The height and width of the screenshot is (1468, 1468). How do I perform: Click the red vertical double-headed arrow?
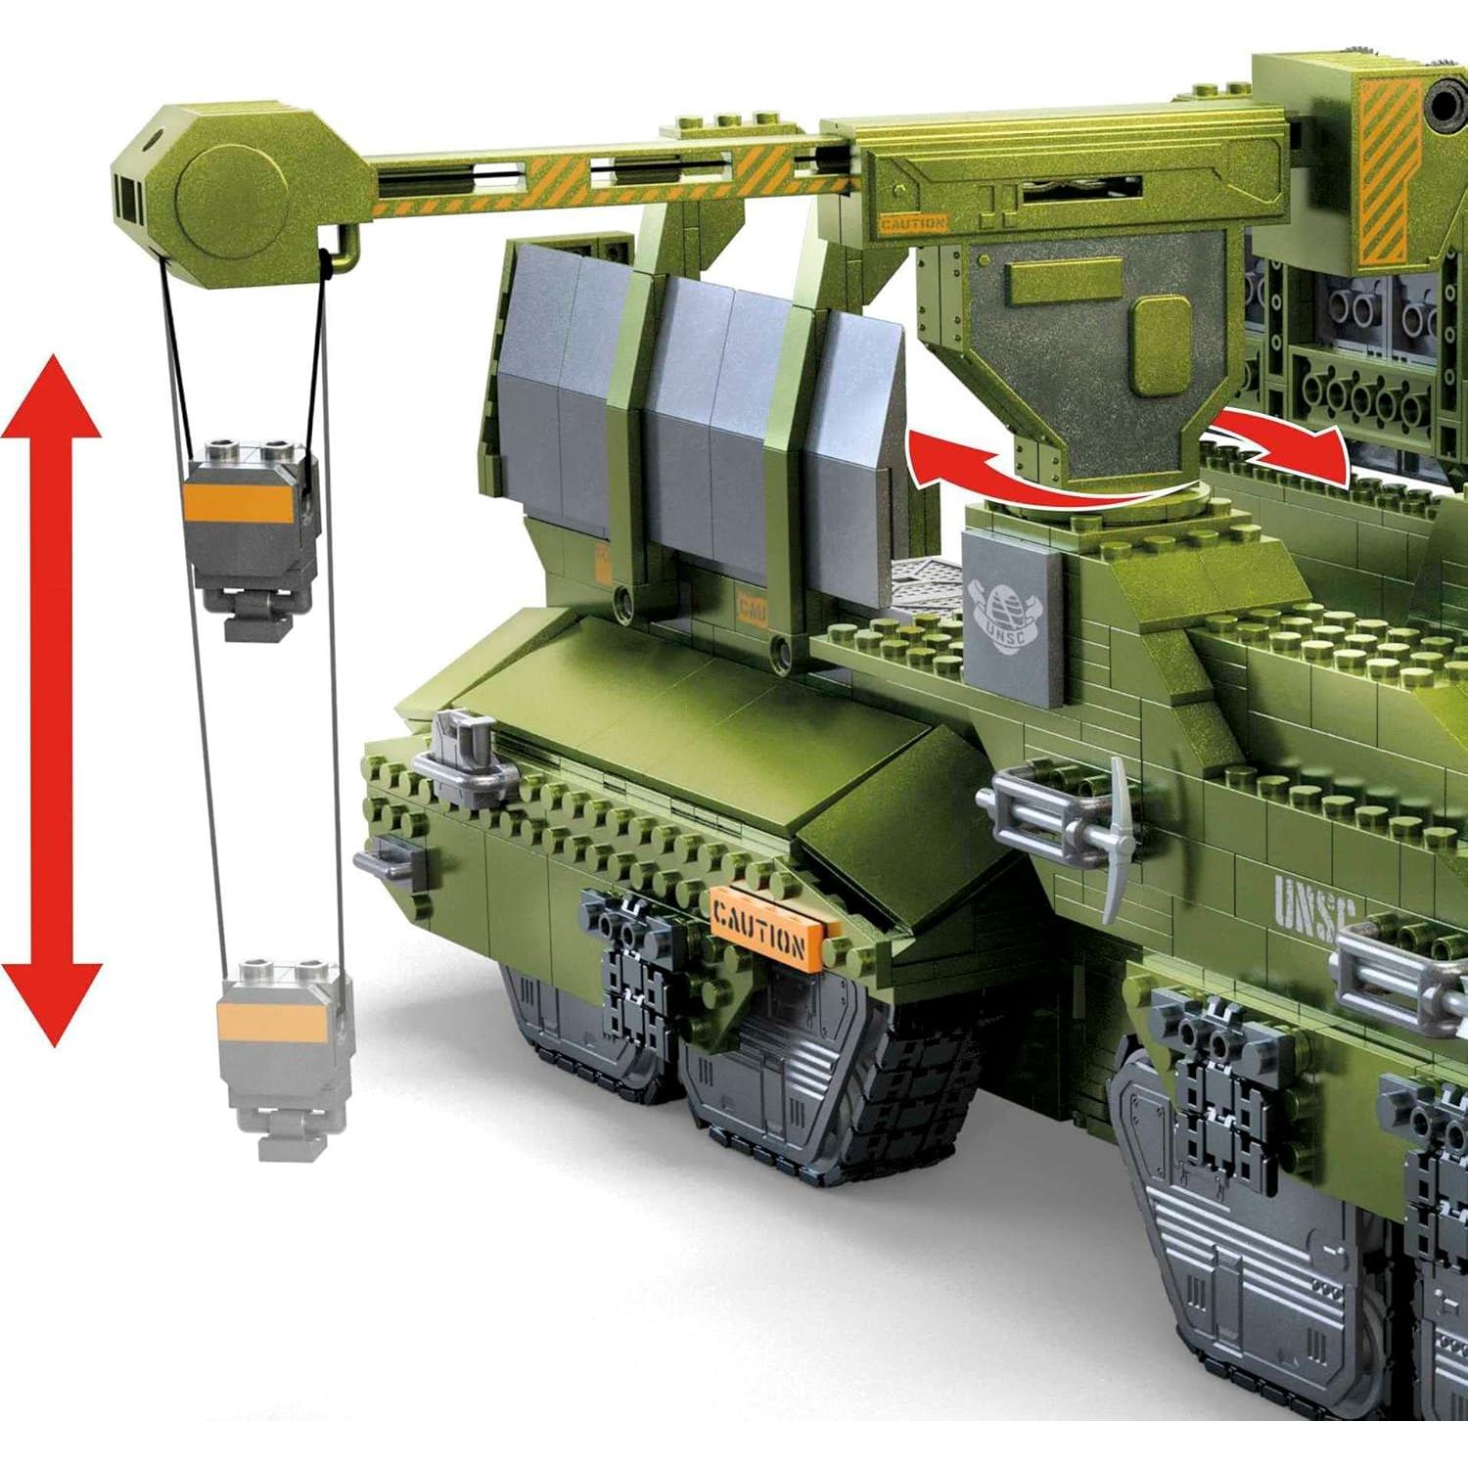52,700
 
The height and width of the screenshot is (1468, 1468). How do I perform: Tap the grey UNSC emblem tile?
1013,617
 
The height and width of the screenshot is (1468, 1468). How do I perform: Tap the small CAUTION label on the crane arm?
912,224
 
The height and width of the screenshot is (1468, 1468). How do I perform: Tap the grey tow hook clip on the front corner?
465,758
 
